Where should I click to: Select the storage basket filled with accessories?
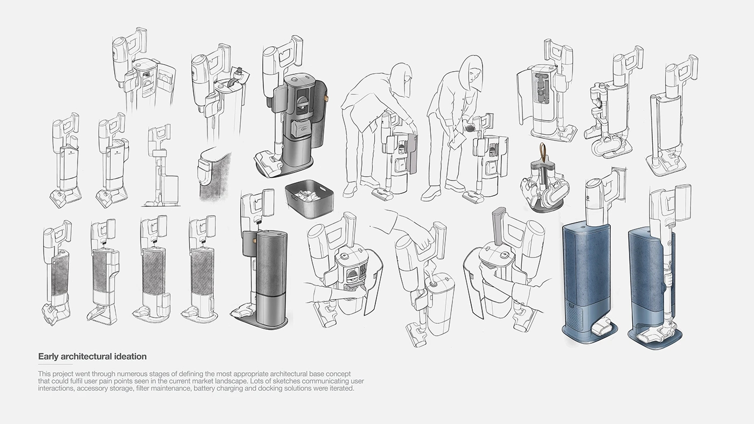pos(309,199)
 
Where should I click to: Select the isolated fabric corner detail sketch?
pos(214,175)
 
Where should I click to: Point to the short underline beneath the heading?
pos(55,364)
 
